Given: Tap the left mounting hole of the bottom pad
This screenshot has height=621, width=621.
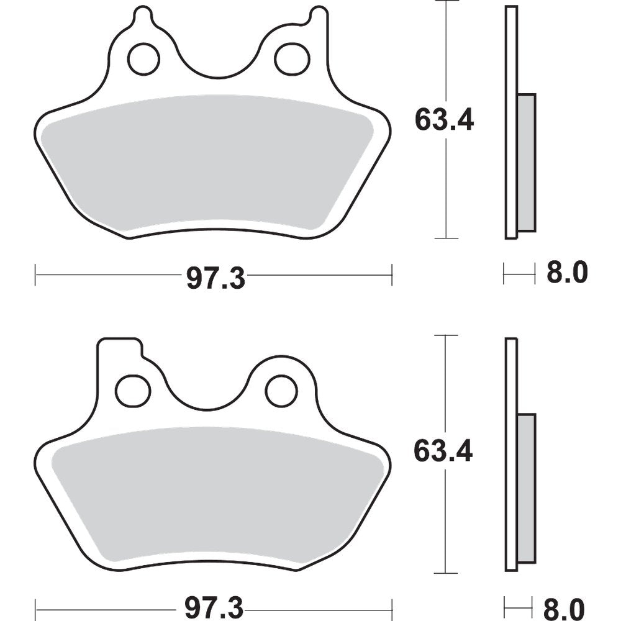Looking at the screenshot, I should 133,391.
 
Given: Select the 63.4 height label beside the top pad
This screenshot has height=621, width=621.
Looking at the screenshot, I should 444,120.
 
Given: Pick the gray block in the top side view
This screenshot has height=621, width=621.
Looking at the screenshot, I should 526,161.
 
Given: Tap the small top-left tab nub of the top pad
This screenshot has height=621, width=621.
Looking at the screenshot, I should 143,15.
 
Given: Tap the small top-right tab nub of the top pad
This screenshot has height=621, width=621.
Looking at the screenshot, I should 319,15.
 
